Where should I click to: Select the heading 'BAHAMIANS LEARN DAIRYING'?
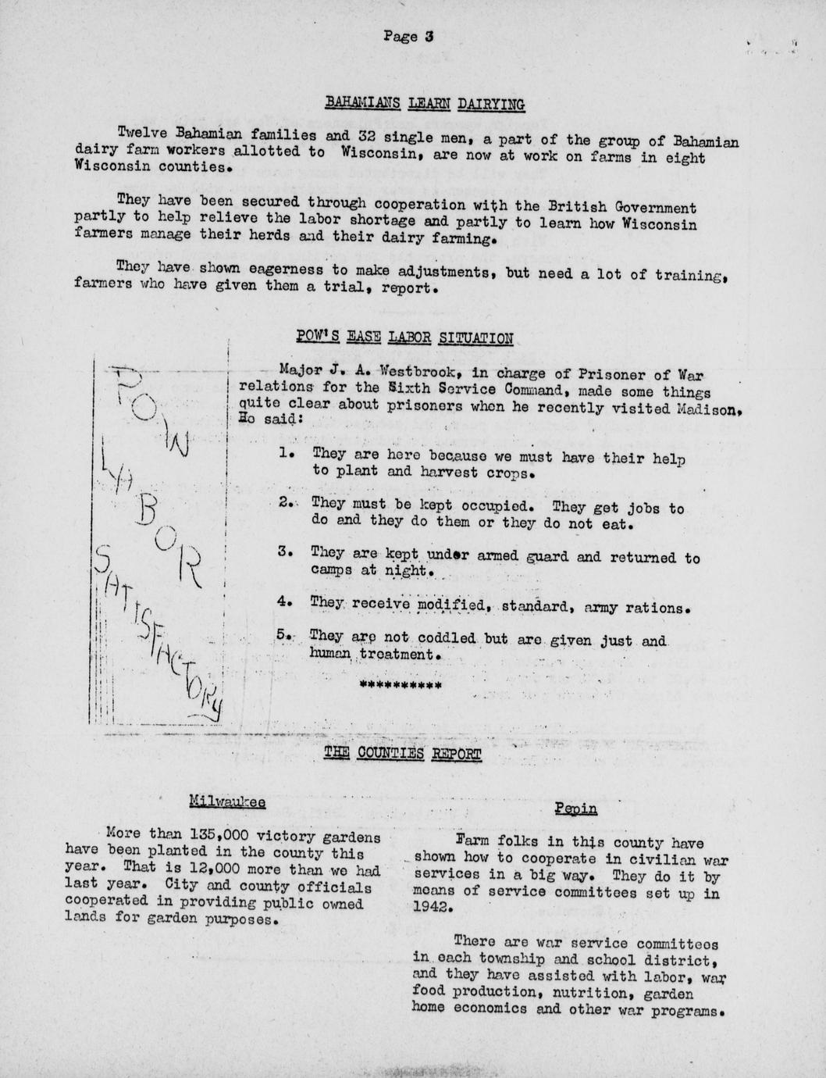pyautogui.click(x=424, y=103)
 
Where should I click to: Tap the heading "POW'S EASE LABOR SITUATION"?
pyautogui.click(x=404, y=337)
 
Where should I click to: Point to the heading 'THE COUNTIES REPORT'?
pyautogui.click(x=402, y=753)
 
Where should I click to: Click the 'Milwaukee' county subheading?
pyautogui.click(x=227, y=801)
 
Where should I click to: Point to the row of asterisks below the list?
pyautogui.click(x=400, y=686)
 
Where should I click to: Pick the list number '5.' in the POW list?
pyautogui.click(x=284, y=636)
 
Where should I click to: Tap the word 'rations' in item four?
pyautogui.click(x=658, y=606)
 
